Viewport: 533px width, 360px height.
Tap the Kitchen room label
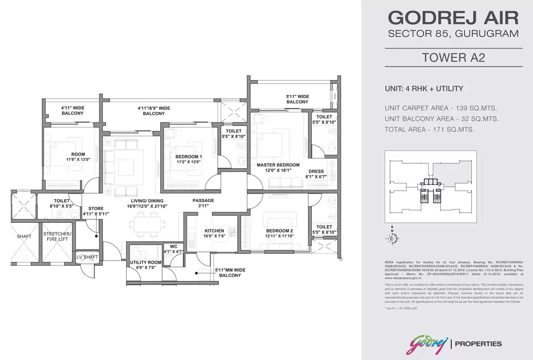click(x=214, y=231)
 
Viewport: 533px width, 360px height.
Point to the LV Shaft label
click(x=87, y=257)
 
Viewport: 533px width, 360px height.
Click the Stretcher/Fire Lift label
click(x=56, y=237)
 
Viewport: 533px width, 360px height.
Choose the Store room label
click(x=96, y=208)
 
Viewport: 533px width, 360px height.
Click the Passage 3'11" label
click(x=203, y=201)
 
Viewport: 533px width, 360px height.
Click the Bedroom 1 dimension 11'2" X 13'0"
click(x=189, y=162)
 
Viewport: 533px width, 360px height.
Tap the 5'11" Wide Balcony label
click(x=297, y=99)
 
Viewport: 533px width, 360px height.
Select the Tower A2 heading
click(x=453, y=58)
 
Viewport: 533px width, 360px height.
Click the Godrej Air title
click(x=453, y=18)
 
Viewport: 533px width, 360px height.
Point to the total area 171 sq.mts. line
click(x=430, y=130)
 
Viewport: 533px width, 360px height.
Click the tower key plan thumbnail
click(x=430, y=186)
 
